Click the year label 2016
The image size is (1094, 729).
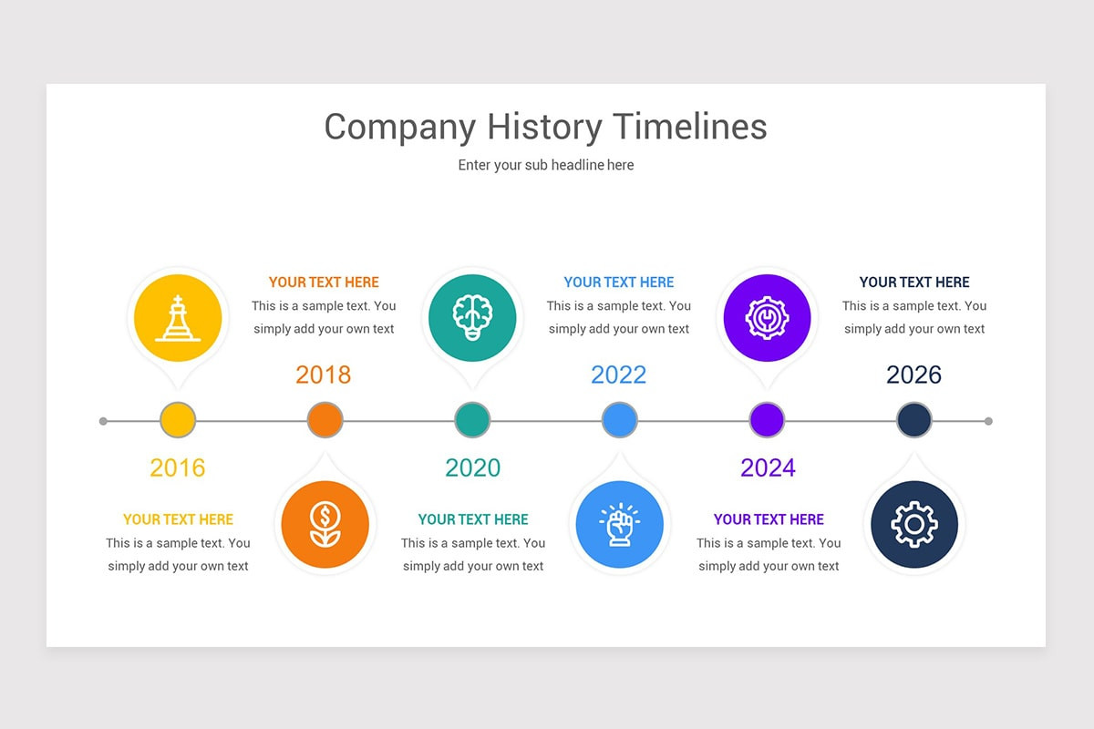tap(178, 467)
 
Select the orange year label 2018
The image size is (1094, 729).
tap(324, 375)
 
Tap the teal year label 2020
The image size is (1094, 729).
tap(472, 467)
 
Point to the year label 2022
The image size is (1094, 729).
tap(619, 375)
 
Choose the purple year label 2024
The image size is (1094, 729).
tap(768, 467)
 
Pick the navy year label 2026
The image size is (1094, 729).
tap(913, 375)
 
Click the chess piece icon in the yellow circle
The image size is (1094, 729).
tap(178, 318)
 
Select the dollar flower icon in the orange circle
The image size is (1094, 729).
tap(325, 525)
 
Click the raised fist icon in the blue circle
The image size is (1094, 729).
tap(619, 525)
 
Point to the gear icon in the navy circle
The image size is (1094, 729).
tap(913, 525)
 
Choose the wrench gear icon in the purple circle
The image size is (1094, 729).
tap(767, 318)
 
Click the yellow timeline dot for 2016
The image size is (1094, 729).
tap(178, 421)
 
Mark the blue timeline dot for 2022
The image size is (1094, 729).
tap(620, 421)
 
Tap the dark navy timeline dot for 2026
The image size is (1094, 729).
tap(914, 421)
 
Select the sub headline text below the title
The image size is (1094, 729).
tap(546, 165)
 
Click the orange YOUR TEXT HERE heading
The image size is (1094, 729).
tap(324, 282)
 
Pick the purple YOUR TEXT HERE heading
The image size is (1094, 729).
tap(769, 519)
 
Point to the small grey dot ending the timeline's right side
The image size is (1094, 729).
tap(988, 421)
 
